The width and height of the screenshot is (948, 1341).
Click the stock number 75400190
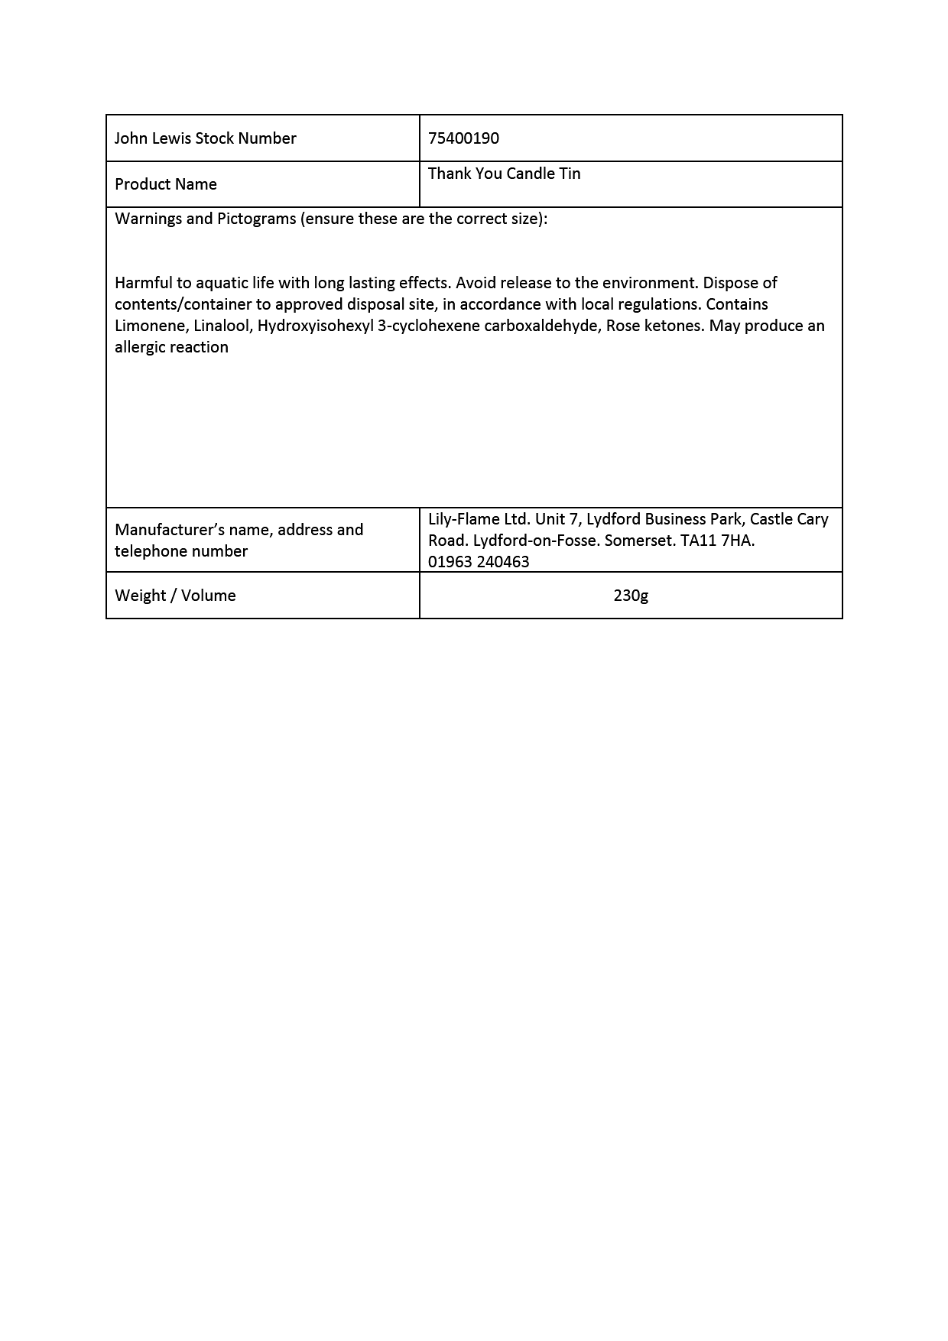tap(463, 138)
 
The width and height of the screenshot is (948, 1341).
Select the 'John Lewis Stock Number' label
tap(205, 138)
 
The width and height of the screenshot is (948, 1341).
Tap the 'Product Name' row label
tap(165, 184)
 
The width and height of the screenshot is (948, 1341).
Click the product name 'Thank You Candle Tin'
tap(504, 174)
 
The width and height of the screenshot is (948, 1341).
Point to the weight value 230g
tap(631, 596)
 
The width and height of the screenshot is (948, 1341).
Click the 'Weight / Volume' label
tap(175, 596)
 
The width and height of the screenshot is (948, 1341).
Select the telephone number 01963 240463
tap(479, 562)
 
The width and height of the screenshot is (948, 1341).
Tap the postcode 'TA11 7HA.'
tap(717, 541)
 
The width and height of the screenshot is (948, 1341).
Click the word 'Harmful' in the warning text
tap(144, 283)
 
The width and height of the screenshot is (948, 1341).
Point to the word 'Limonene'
tap(150, 326)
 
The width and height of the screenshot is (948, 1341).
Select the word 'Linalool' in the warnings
tap(222, 326)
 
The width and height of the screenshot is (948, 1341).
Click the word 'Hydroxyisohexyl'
tap(315, 326)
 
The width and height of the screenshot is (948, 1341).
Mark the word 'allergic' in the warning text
tap(141, 347)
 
